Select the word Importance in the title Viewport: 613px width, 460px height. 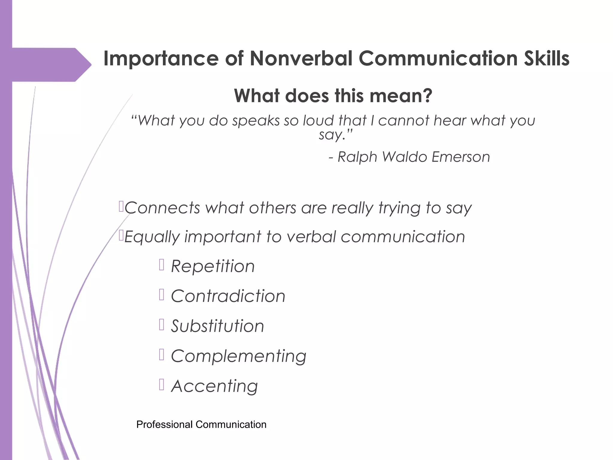161,59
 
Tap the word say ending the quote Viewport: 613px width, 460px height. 332,135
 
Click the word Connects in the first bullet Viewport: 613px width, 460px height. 162,208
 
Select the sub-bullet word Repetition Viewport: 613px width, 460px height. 213,266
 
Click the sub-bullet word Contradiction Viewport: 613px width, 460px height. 228,296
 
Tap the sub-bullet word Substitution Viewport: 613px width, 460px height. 218,326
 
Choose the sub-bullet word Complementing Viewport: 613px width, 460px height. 239,356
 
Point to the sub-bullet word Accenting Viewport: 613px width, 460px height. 214,386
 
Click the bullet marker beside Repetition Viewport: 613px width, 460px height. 162,265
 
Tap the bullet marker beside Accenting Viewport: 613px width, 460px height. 162,385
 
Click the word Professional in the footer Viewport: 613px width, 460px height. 164,425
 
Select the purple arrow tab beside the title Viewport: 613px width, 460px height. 51,65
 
